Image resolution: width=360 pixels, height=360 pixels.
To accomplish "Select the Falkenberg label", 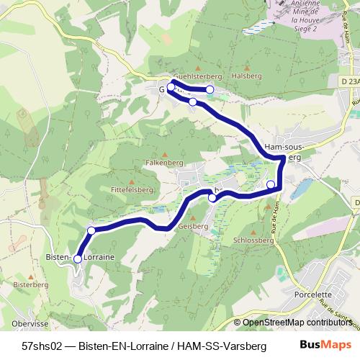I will (x=166, y=163).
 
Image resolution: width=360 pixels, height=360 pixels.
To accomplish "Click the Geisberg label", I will (x=192, y=225).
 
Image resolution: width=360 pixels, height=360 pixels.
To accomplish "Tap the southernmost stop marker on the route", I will (x=78, y=258).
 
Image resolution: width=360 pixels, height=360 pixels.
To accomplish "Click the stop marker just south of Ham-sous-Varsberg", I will (x=271, y=185).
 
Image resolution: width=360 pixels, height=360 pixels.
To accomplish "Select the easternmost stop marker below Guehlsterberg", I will (x=210, y=89).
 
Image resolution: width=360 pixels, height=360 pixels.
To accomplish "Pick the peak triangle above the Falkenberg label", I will (x=166, y=154).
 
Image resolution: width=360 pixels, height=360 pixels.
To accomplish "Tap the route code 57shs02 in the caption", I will (x=40, y=346).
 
